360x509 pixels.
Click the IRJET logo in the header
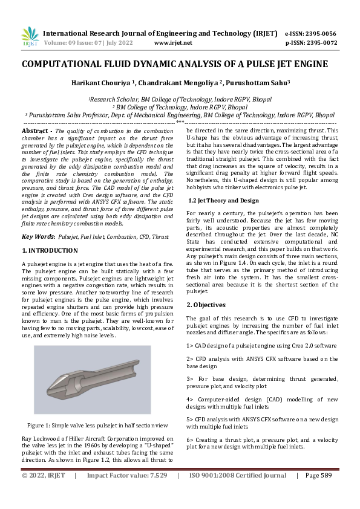tap(30, 37)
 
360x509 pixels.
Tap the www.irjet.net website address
tap(173, 43)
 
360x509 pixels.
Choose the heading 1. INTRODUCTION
tap(51, 250)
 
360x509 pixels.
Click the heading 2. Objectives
tap(207, 305)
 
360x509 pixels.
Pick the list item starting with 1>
tap(261, 345)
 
